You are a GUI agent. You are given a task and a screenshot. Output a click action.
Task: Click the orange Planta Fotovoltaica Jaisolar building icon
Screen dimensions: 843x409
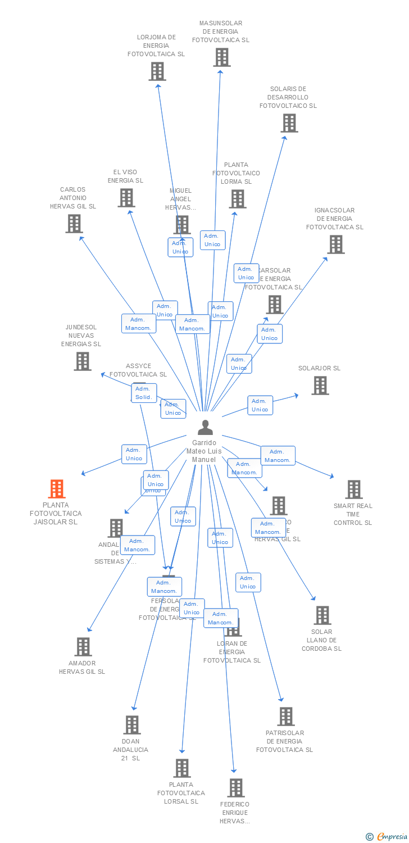point(56,489)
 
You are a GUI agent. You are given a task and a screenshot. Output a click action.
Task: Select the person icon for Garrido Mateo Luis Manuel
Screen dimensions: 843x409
point(205,428)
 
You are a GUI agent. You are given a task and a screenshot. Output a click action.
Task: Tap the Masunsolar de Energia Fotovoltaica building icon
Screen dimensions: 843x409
point(221,57)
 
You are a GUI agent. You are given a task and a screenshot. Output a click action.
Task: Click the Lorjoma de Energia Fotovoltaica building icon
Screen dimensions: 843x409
point(157,71)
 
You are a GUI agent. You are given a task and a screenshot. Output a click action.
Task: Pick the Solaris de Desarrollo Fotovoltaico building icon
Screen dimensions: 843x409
point(289,123)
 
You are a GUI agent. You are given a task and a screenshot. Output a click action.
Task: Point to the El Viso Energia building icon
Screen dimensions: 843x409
point(126,198)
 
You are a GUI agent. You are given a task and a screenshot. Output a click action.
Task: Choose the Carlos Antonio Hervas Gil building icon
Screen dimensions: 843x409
point(74,224)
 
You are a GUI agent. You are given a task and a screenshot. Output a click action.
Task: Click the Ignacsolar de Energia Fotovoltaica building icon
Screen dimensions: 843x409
point(335,244)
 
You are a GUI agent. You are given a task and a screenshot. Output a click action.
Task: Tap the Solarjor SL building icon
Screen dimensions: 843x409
point(320,386)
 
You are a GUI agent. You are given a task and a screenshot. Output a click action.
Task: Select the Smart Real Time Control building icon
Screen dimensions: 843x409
point(353,490)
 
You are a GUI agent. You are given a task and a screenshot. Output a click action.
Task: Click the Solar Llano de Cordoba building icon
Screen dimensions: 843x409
point(322,615)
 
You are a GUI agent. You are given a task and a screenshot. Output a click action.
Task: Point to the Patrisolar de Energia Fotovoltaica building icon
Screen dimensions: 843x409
point(285,717)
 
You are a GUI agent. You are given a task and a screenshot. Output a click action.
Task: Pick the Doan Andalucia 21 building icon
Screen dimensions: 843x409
point(131,725)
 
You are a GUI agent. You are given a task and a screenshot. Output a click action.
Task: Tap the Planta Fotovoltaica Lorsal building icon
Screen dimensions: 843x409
point(181,768)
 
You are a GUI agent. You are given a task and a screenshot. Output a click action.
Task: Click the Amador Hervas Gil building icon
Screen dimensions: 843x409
point(83,647)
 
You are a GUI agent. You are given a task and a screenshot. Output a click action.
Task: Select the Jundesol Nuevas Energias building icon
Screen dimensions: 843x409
point(82,361)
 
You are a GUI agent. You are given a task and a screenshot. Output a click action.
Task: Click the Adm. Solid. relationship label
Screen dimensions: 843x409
point(144,393)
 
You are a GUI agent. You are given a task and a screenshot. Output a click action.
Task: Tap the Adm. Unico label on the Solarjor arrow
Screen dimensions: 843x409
point(260,405)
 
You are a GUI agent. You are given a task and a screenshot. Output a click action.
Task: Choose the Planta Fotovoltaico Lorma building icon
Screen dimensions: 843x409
point(237,199)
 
